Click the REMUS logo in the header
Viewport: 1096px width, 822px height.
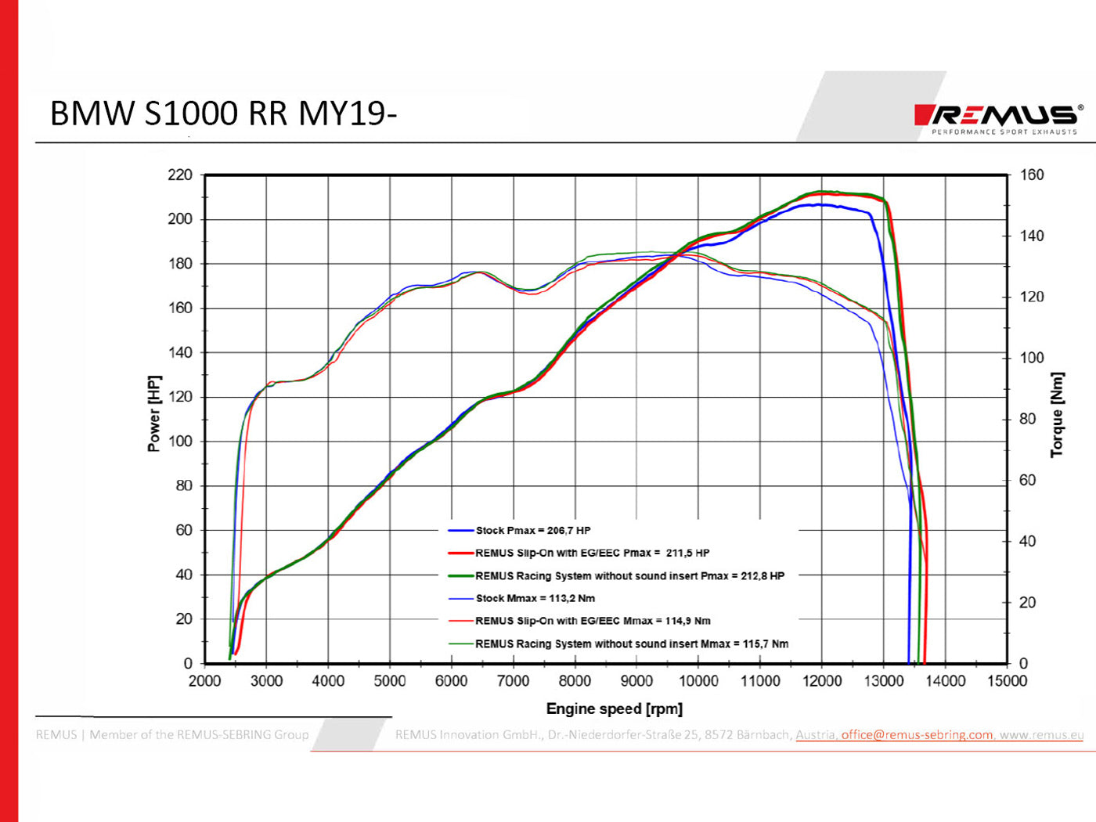[999, 115]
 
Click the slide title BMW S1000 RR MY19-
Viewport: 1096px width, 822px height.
[223, 114]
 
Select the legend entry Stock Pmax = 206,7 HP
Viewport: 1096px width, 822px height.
[532, 530]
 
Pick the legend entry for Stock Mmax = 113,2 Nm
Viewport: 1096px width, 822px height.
[535, 598]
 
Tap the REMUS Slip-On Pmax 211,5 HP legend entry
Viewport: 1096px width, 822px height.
[592, 553]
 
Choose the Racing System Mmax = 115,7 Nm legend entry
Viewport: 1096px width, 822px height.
[631, 644]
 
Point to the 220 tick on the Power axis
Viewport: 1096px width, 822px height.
[180, 175]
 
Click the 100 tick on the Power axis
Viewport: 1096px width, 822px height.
[180, 441]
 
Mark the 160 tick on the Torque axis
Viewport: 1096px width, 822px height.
[1032, 175]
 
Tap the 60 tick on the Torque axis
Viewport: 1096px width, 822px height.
[1028, 480]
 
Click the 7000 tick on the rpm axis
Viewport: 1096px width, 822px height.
[513, 681]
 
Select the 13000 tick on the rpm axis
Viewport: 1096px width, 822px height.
[883, 681]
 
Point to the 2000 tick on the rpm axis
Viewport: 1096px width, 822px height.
[204, 681]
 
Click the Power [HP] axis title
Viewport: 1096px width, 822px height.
[153, 413]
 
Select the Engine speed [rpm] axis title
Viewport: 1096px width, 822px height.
[614, 708]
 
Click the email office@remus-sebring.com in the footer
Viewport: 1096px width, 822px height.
[917, 734]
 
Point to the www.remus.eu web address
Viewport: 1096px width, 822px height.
[1041, 734]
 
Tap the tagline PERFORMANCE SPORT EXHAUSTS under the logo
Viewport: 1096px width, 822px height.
[1004, 132]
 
